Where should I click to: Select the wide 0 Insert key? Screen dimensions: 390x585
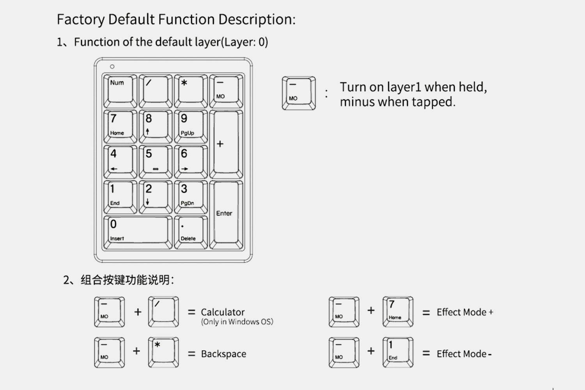click(138, 232)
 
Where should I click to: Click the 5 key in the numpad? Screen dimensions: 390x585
click(156, 161)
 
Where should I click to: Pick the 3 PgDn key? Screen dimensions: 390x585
click(191, 197)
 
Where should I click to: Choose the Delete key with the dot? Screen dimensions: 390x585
click(191, 232)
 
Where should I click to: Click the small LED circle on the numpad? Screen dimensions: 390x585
click(112, 67)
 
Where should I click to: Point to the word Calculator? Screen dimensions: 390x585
click(223, 312)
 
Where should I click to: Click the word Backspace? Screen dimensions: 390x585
click(223, 354)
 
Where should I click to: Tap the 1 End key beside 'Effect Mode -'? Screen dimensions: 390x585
click(398, 352)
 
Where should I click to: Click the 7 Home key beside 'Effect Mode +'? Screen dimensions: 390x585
click(398, 312)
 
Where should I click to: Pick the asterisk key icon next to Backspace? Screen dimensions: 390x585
click(163, 352)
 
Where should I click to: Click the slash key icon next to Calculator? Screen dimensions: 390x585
click(163, 312)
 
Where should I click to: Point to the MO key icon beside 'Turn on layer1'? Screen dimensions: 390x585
click(299, 93)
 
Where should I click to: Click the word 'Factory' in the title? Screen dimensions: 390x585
click(81, 19)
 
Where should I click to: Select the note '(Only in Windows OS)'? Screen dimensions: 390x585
click(237, 322)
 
